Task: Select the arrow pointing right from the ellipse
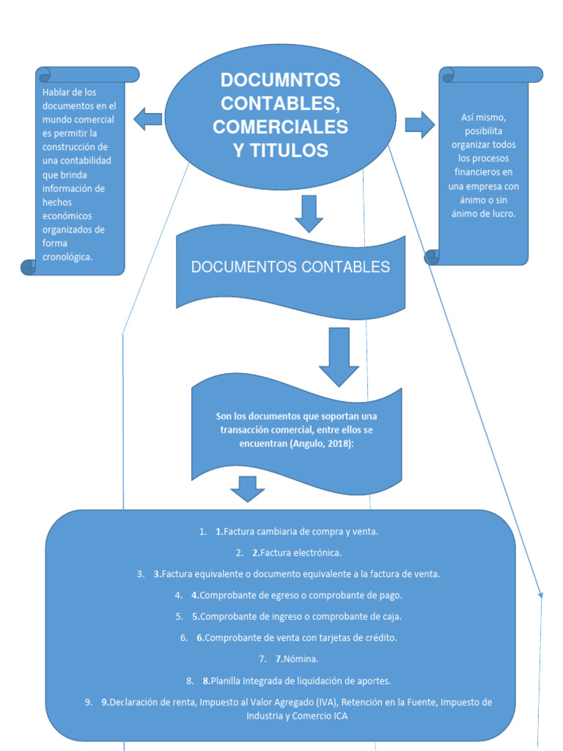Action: tap(419, 124)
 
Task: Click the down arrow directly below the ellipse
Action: tap(309, 213)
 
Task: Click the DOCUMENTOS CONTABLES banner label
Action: tap(290, 268)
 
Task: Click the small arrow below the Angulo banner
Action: tap(248, 488)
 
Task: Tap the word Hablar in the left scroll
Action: tap(56, 92)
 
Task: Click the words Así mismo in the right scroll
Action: tap(483, 117)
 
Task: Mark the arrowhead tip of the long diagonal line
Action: tap(541, 597)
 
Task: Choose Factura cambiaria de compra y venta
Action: tap(301, 531)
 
